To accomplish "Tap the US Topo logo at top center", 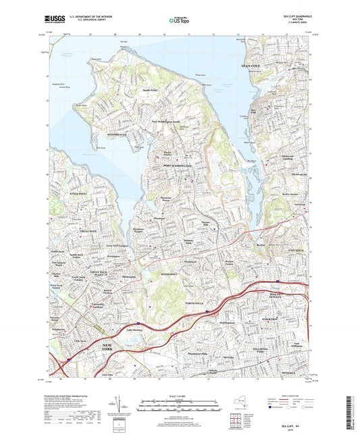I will point(180,21).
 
